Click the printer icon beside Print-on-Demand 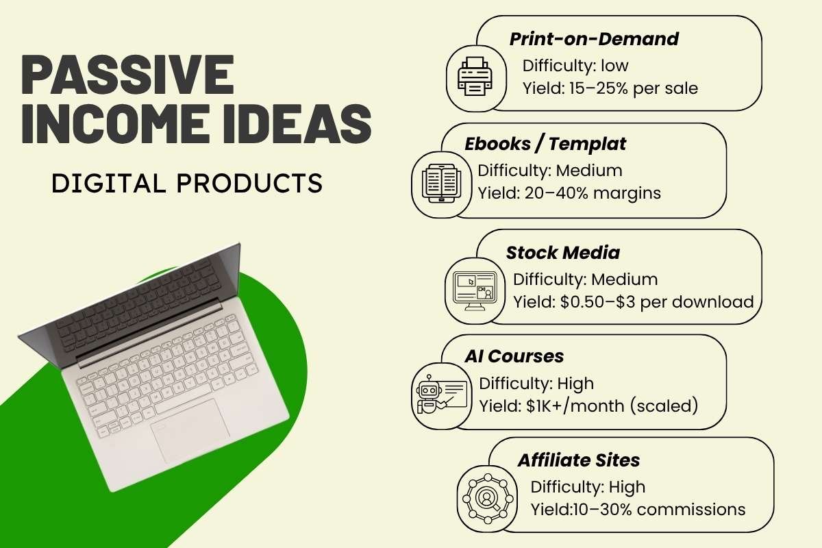tap(475, 76)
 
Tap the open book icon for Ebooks tap(439, 183)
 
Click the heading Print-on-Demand tap(594, 39)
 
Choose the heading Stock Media tap(562, 253)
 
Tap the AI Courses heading tap(514, 356)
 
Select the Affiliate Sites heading tap(579, 460)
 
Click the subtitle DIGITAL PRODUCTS tap(187, 183)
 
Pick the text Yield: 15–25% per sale tap(610, 88)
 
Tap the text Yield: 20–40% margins tap(569, 193)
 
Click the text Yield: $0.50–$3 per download tap(633, 301)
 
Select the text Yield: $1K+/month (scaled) tap(588, 406)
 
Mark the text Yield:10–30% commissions tap(638, 510)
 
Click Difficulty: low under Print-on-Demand tap(575, 66)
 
